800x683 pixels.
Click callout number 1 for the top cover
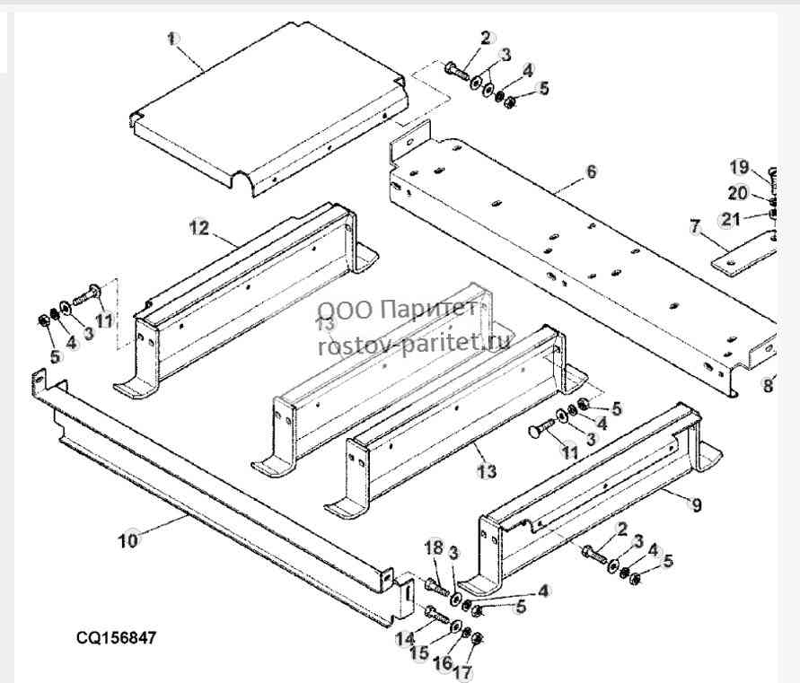point(172,39)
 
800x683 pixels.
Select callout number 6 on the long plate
point(592,171)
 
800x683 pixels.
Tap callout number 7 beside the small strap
point(696,226)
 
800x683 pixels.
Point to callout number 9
point(697,505)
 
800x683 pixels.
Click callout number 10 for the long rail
point(128,540)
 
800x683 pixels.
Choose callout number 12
point(199,227)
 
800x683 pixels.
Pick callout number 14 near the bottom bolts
point(406,638)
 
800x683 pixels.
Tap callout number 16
point(443,662)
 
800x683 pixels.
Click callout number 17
point(462,672)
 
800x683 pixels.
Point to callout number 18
point(435,548)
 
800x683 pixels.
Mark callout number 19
point(739,167)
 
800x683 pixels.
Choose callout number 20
point(738,193)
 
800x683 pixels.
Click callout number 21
point(730,220)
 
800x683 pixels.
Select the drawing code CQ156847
point(117,638)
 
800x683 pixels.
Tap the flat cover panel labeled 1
point(268,108)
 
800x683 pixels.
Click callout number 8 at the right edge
point(768,385)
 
